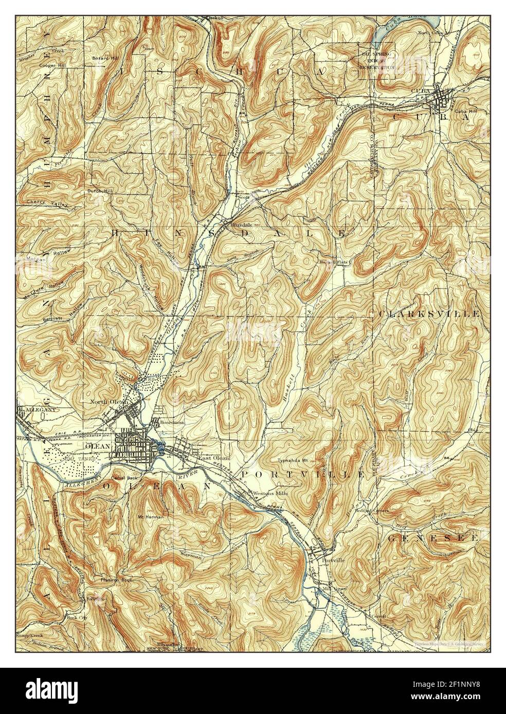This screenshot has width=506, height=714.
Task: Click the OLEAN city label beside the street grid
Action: point(101,446)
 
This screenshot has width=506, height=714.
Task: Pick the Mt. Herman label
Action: point(151,517)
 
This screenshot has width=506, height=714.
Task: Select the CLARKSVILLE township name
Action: point(430,313)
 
